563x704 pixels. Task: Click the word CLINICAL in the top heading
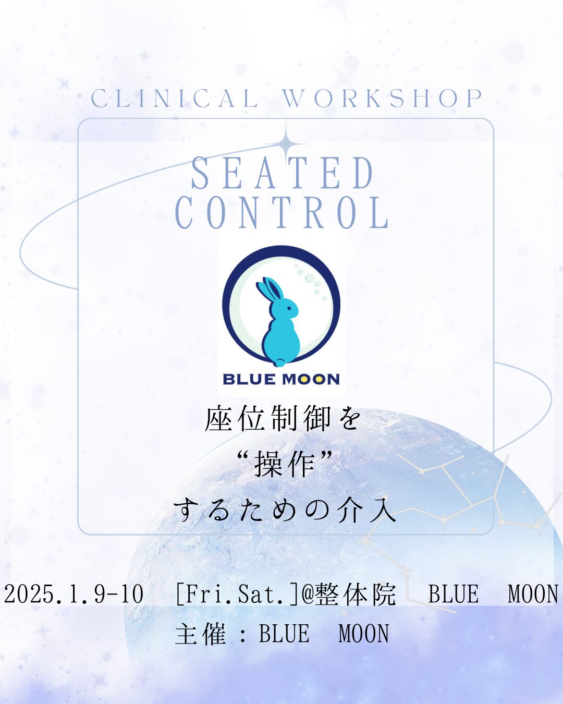(175, 98)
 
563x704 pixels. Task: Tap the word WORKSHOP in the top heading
(383, 98)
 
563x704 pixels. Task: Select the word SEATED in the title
(283, 173)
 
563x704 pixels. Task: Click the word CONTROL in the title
(283, 212)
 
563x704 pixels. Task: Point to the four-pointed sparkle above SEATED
(286, 143)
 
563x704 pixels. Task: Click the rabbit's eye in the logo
(288, 308)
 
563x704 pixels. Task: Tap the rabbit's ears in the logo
(269, 289)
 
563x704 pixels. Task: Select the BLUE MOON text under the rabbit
(281, 379)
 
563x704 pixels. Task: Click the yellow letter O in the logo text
(307, 380)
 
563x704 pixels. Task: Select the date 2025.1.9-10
(74, 594)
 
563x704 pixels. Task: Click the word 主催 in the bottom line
(201, 634)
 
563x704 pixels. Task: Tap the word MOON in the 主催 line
(363, 634)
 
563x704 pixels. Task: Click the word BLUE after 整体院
(454, 594)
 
